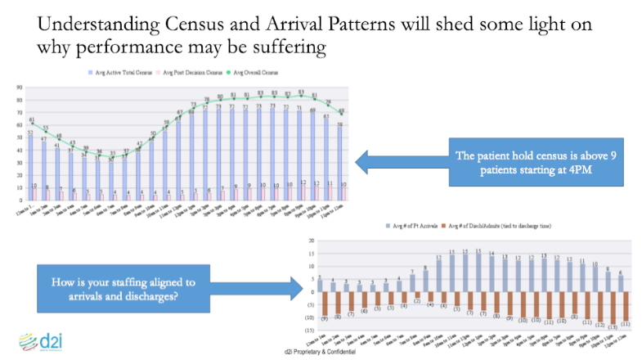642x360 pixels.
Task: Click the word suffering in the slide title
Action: pyautogui.click(x=281, y=47)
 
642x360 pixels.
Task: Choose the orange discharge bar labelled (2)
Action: pyautogui.click(x=417, y=295)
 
